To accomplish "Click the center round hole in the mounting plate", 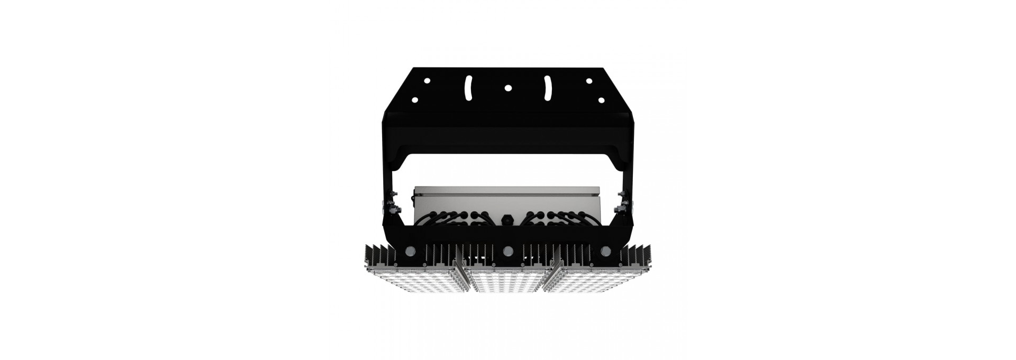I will coord(507,88).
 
